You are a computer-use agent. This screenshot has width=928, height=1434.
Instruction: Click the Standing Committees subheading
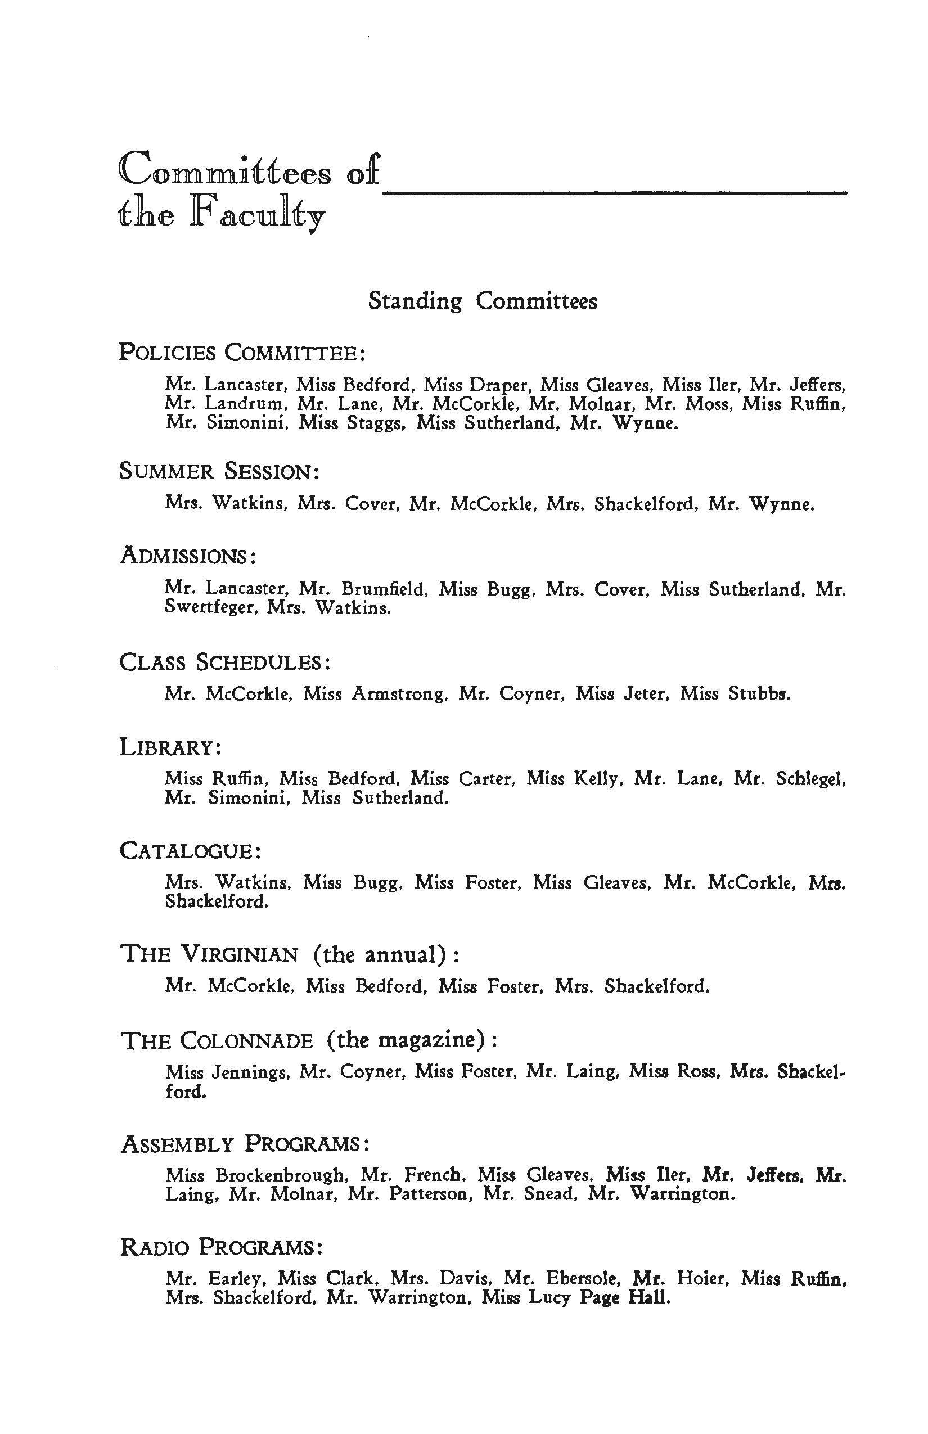(x=482, y=301)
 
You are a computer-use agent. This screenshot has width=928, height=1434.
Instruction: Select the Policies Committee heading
(x=242, y=353)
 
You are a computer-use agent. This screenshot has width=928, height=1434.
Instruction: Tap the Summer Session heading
(x=219, y=471)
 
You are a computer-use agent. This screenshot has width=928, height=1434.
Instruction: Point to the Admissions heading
(x=188, y=556)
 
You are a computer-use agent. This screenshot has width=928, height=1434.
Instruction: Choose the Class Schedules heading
(x=226, y=663)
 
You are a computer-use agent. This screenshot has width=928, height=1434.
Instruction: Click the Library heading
(x=170, y=748)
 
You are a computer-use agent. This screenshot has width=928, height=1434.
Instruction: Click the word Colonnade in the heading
(x=246, y=1041)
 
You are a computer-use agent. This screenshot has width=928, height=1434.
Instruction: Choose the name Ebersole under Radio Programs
(x=582, y=1279)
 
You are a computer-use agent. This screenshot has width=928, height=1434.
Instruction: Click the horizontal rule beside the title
(x=615, y=192)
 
